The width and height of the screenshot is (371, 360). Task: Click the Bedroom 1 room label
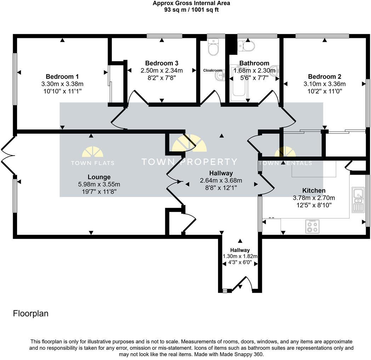click(62, 77)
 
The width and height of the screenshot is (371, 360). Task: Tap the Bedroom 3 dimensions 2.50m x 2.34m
click(162, 71)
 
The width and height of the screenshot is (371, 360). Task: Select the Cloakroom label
click(212, 71)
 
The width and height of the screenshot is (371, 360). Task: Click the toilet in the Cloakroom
click(213, 48)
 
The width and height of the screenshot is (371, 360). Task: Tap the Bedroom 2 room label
click(324, 77)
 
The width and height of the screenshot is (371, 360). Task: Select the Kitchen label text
click(314, 191)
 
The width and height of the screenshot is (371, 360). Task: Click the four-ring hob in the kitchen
click(312, 226)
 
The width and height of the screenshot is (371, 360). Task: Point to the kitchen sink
click(358, 200)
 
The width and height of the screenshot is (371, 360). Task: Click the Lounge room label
click(99, 177)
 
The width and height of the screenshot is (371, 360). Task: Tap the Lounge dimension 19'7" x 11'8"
click(99, 191)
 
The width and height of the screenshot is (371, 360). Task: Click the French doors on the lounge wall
click(8, 155)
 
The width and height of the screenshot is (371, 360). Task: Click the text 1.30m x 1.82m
click(240, 257)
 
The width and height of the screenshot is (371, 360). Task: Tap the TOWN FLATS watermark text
click(92, 163)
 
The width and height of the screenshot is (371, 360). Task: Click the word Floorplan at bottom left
click(30, 314)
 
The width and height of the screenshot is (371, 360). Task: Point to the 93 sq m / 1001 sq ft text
click(191, 10)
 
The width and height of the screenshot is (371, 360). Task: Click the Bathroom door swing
click(269, 97)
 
